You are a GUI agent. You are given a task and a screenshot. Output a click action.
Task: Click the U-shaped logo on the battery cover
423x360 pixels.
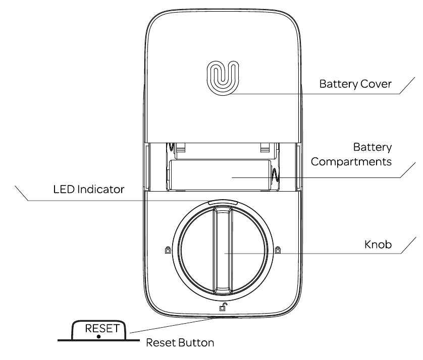(x=223, y=78)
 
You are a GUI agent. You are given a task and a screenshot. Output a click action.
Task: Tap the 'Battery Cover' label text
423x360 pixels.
(x=355, y=84)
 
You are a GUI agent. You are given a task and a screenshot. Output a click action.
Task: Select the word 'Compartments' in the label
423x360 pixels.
(x=351, y=162)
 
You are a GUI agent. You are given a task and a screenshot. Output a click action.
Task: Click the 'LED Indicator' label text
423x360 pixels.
(x=89, y=190)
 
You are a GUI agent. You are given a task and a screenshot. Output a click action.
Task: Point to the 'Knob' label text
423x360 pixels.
(x=378, y=245)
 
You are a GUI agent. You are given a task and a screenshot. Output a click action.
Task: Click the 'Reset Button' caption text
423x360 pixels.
(x=180, y=343)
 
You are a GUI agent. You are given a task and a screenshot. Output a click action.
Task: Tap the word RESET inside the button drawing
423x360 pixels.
(x=102, y=328)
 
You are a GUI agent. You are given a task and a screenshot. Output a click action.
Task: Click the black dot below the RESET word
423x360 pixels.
(x=99, y=337)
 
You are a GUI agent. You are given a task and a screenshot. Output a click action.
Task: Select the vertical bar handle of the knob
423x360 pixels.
(x=223, y=250)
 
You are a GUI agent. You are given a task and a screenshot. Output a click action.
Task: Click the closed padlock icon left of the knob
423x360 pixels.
(x=168, y=250)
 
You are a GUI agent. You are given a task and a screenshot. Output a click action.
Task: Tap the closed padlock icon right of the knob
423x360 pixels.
(x=278, y=250)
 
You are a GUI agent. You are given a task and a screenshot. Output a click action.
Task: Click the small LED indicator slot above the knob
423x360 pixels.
(x=223, y=202)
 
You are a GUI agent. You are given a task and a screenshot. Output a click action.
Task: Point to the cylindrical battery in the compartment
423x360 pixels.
(x=220, y=175)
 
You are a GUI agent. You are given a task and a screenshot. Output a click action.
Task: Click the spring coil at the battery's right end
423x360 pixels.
(x=275, y=175)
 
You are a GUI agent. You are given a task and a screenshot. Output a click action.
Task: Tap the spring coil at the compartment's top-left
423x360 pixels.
(x=171, y=147)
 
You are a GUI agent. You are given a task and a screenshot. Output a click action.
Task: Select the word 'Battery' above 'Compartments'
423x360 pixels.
(x=373, y=147)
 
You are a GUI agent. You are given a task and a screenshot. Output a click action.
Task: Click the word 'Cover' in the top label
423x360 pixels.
(x=376, y=84)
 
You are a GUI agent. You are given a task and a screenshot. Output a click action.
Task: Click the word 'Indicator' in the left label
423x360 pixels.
(x=100, y=190)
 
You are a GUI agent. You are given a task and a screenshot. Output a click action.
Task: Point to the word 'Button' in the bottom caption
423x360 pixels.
(x=196, y=343)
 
